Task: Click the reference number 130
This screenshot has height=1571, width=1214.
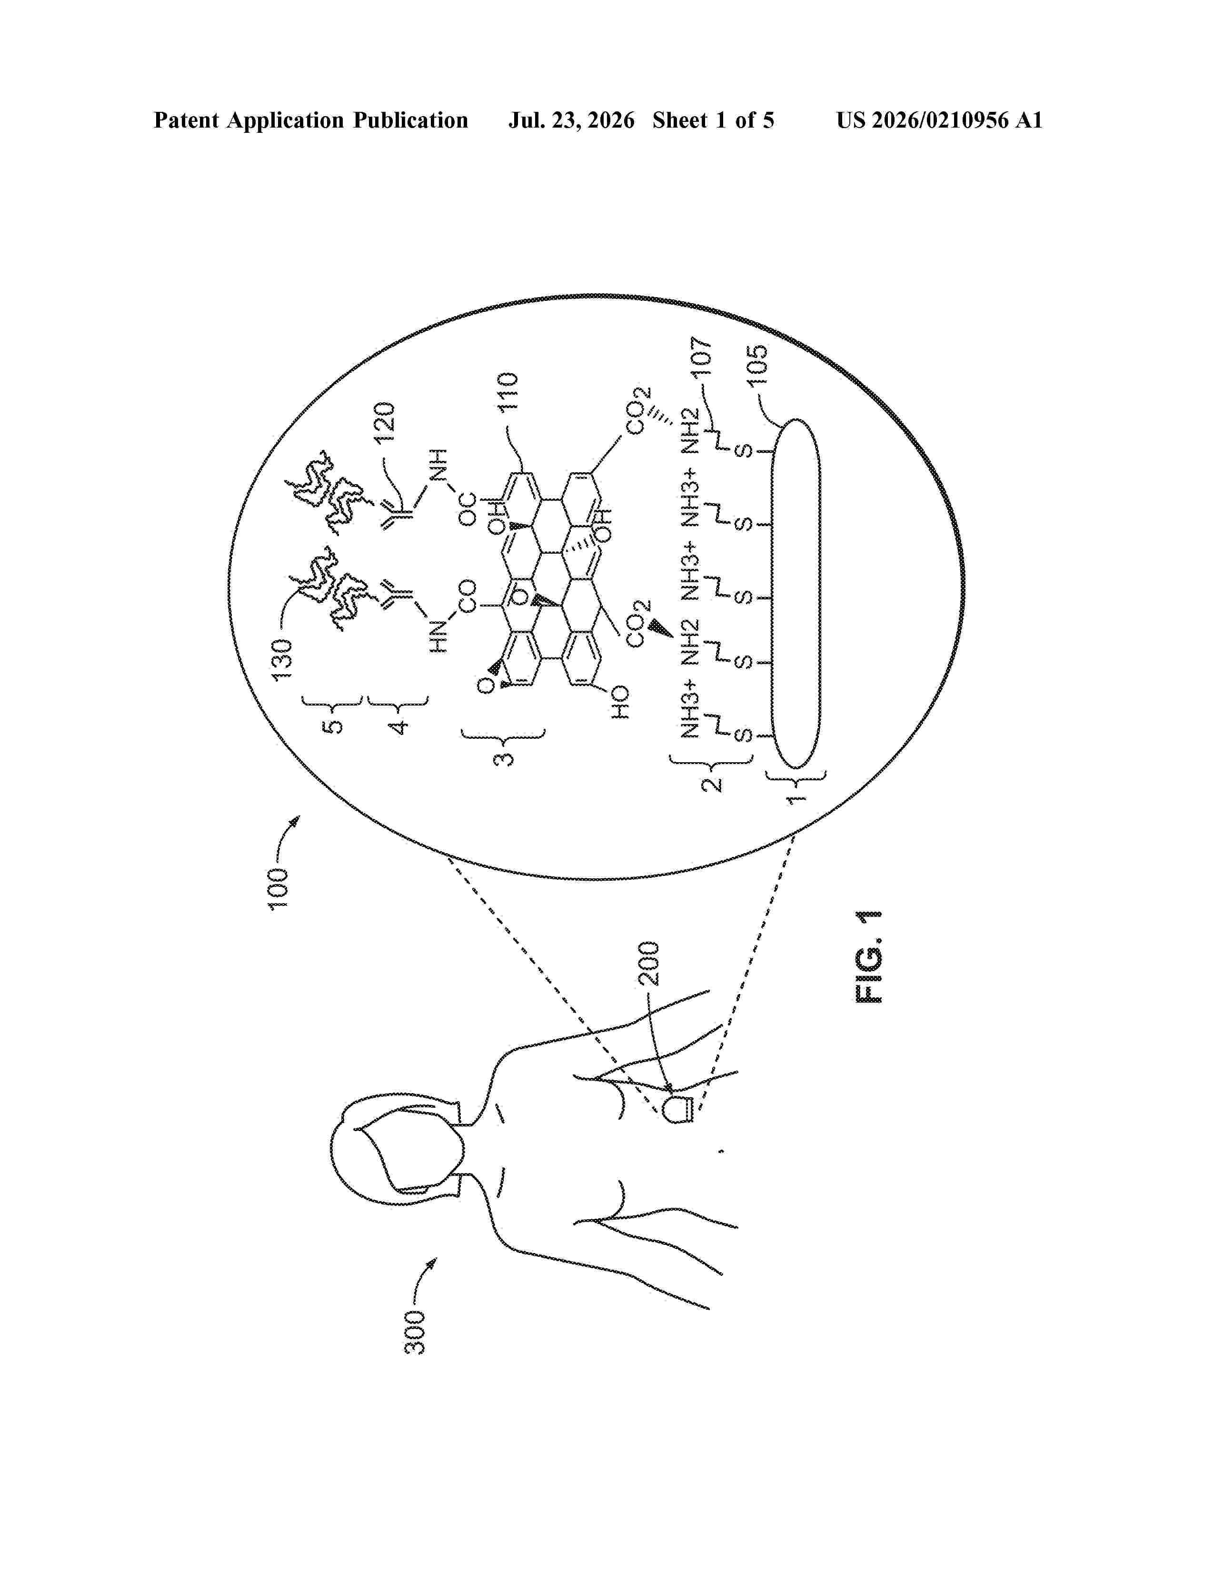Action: (x=281, y=659)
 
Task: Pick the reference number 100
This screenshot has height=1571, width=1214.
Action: (x=279, y=889)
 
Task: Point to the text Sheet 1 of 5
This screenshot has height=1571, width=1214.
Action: (x=714, y=120)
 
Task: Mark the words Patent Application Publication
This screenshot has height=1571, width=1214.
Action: (x=311, y=120)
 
